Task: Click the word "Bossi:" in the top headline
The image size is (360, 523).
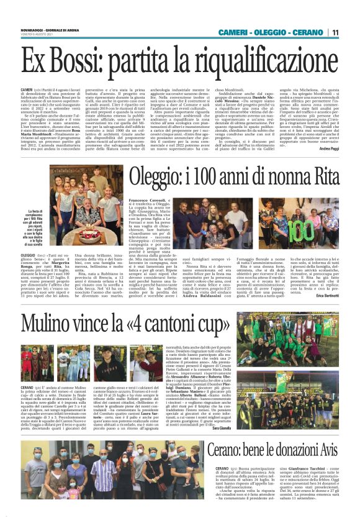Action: [73, 60]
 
